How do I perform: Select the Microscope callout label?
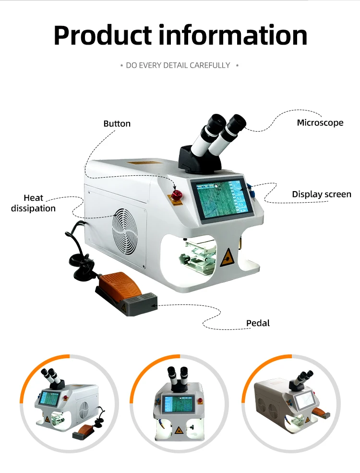pos(320,122)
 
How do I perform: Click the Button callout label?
pos(117,123)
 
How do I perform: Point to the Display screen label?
pos(322,194)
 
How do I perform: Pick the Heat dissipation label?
pos(33,203)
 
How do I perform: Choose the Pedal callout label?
pos(258,323)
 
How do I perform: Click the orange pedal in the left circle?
pos(86,431)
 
